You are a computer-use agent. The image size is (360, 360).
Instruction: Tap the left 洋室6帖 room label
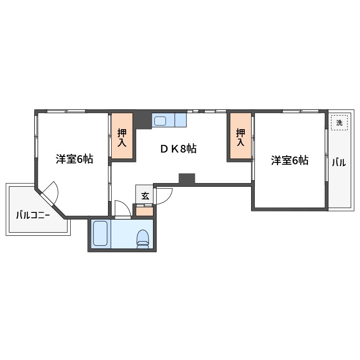point(74,159)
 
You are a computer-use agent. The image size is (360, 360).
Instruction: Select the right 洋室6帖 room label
point(289,160)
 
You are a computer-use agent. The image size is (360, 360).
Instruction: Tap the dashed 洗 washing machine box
point(339,122)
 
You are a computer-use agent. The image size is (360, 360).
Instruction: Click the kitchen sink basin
point(161,121)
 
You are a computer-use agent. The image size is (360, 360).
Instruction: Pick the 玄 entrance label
point(145,196)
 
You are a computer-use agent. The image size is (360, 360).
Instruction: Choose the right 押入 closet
point(240,136)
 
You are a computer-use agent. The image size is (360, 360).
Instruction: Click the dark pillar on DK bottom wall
point(187,179)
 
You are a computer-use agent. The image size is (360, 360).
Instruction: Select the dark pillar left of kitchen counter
point(144,120)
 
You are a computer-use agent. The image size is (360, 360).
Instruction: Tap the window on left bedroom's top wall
point(66,111)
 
